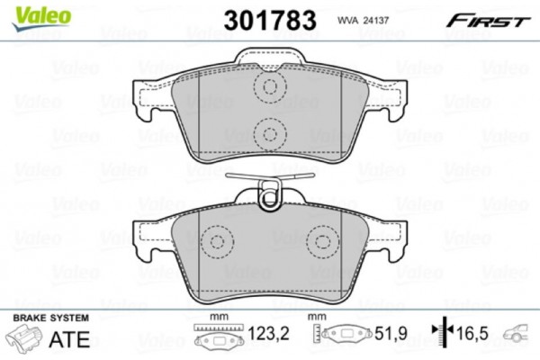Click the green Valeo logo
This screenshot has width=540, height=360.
(x=41, y=18)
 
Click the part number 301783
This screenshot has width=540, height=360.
(x=270, y=20)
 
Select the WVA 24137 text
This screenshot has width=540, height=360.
(x=363, y=21)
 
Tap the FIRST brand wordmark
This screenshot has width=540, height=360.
(x=487, y=21)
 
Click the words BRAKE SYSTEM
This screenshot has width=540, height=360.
(x=51, y=318)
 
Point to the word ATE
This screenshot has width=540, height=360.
(x=69, y=339)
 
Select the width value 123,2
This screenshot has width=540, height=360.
(x=268, y=334)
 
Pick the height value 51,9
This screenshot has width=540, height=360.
(x=391, y=334)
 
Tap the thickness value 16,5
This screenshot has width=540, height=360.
(x=472, y=334)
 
